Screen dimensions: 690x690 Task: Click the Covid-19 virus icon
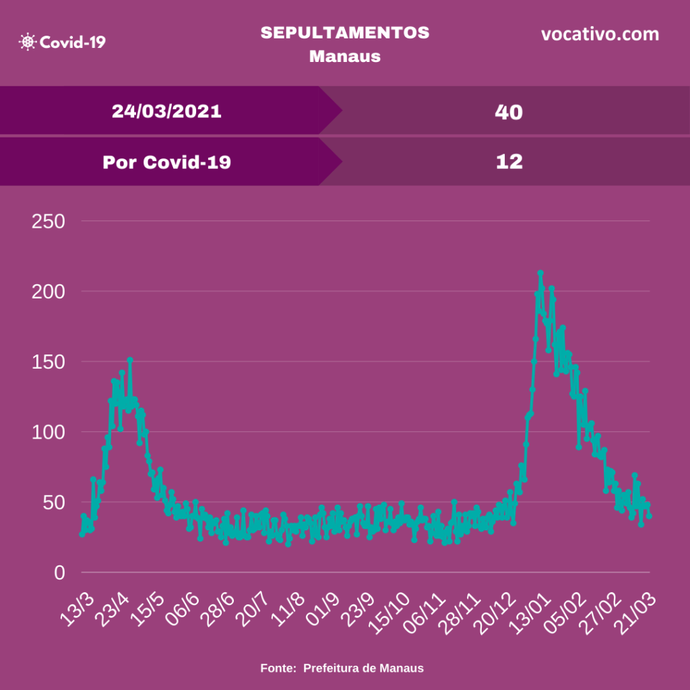[x=28, y=42]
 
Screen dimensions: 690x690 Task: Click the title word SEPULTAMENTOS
[x=344, y=33]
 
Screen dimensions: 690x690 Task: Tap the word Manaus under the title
[x=344, y=56]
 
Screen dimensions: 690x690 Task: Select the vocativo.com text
[x=600, y=34]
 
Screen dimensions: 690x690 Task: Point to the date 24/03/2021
[x=166, y=111]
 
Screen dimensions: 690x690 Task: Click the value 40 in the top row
[x=508, y=112]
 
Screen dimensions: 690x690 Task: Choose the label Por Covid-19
[x=166, y=162]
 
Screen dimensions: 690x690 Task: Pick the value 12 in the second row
[x=508, y=162]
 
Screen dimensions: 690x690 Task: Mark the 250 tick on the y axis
[x=49, y=221]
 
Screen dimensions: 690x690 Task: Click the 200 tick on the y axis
[x=49, y=292]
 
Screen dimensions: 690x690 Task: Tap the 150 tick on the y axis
[x=49, y=362]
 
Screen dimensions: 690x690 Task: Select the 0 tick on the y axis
[x=60, y=573]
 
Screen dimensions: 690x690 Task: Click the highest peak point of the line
[x=540, y=273]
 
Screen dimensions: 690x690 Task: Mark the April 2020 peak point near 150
[x=130, y=360]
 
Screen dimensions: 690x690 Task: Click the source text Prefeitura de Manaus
[x=363, y=668]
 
